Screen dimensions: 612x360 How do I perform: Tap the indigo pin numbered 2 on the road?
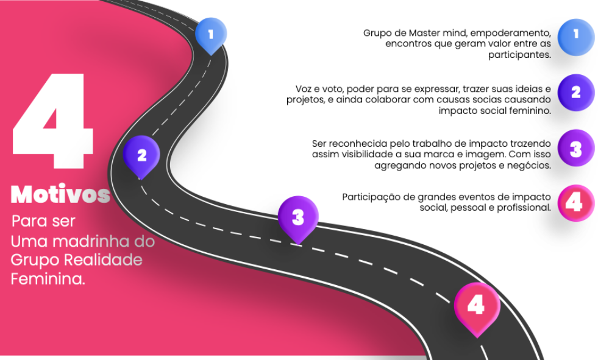pyautogui.click(x=141, y=156)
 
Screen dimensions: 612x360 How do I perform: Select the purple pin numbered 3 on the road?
pyautogui.click(x=298, y=218)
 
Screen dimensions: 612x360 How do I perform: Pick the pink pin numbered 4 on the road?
pyautogui.click(x=477, y=306)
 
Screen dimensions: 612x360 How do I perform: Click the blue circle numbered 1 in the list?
pyautogui.click(x=575, y=37)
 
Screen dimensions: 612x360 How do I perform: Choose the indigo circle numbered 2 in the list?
pyautogui.click(x=575, y=93)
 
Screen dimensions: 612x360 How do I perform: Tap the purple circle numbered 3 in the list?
pyautogui.click(x=575, y=148)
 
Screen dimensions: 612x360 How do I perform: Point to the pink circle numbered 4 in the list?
pyautogui.click(x=575, y=203)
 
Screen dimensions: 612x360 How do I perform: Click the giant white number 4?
pyautogui.click(x=52, y=121)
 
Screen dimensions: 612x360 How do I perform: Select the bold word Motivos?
pyautogui.click(x=60, y=194)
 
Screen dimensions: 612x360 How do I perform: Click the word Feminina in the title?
pyautogui.click(x=48, y=279)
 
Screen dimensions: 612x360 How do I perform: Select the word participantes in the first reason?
pyautogui.click(x=519, y=55)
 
